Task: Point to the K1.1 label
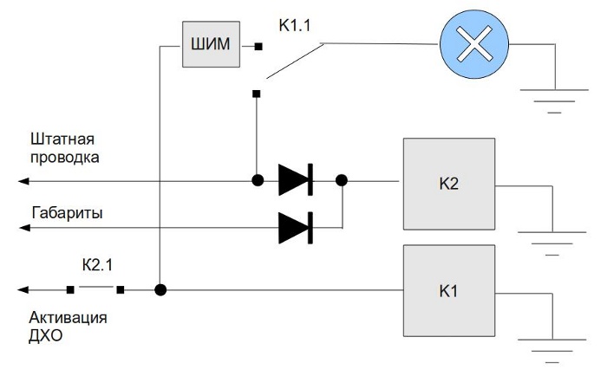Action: click(295, 26)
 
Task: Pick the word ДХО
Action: click(48, 334)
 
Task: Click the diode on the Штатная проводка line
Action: click(295, 181)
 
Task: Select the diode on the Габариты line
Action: click(295, 227)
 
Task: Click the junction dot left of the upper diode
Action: click(258, 181)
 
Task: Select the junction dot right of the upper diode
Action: click(342, 181)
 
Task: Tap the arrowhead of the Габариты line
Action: click(24, 227)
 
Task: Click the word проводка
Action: click(65, 158)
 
